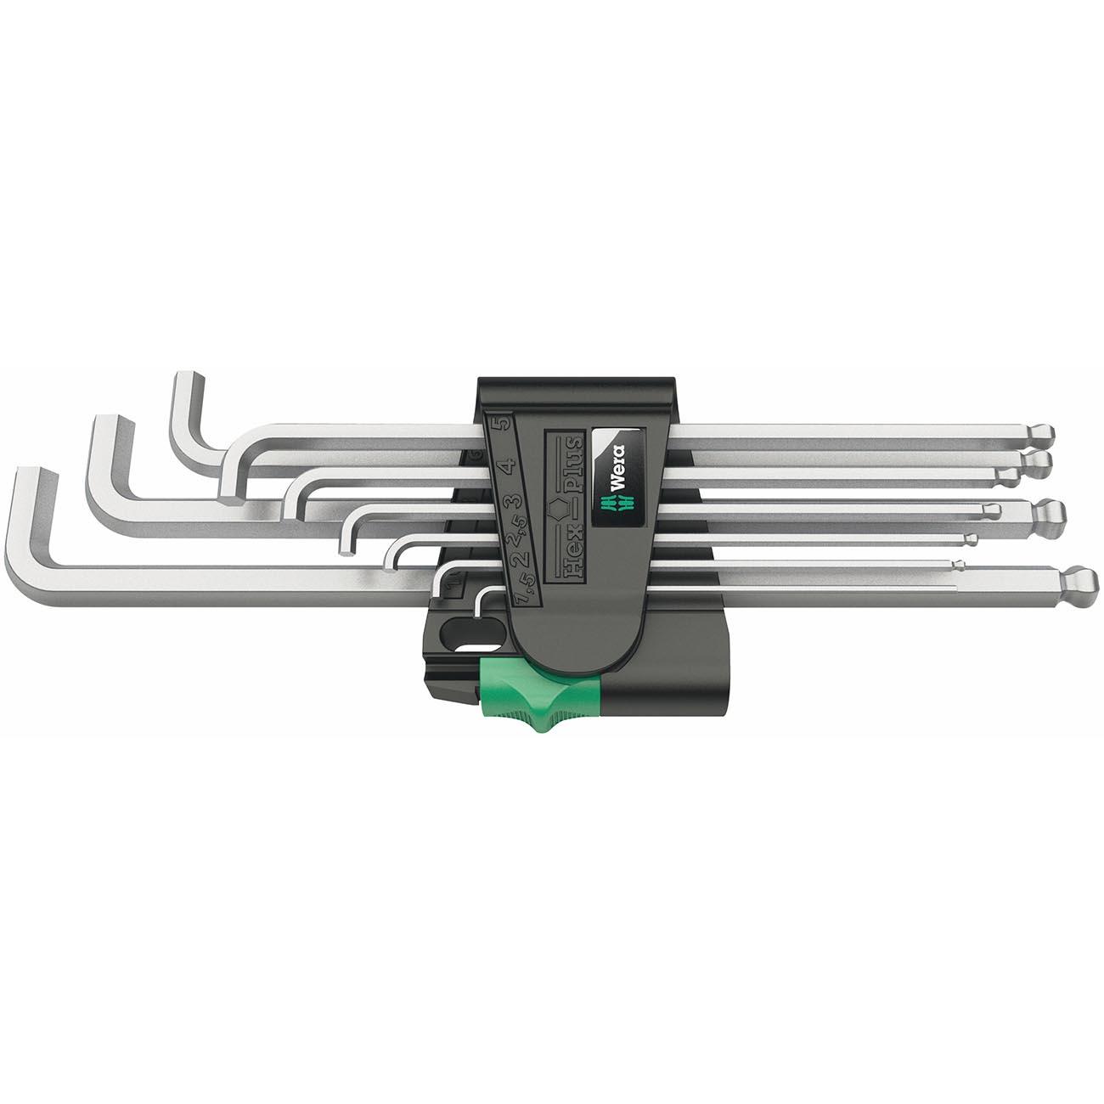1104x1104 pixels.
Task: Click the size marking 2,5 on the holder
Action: (512, 535)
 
